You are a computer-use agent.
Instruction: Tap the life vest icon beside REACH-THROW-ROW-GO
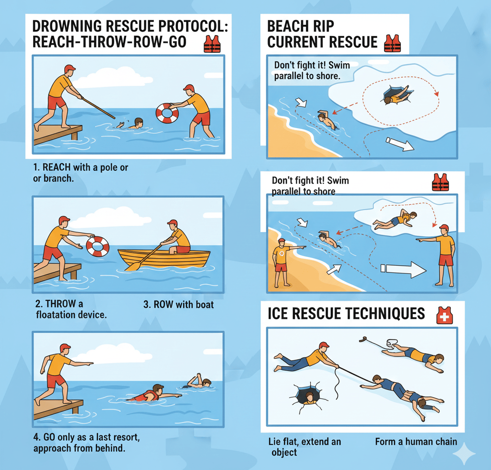(x=212, y=44)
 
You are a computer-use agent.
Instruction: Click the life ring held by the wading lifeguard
(x=167, y=113)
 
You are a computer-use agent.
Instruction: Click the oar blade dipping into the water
(x=130, y=267)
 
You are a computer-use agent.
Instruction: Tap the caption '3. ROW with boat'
(x=178, y=305)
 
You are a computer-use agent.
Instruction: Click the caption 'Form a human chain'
(x=416, y=442)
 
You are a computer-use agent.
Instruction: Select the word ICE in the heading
(x=278, y=314)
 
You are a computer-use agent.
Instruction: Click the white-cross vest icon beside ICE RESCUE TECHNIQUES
(x=444, y=315)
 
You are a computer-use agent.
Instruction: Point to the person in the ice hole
(x=309, y=398)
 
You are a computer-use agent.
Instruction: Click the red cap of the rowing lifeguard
(x=173, y=223)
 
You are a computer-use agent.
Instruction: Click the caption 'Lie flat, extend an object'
(x=304, y=447)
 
